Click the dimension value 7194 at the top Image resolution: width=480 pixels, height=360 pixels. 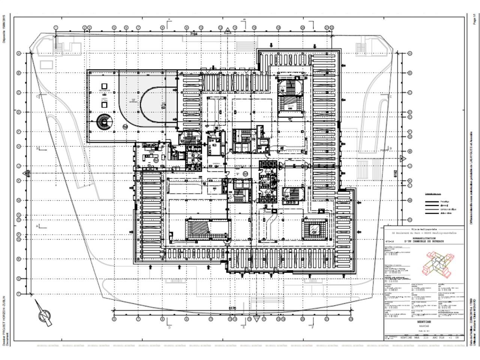(193, 34)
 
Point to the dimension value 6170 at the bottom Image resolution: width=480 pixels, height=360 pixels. (232, 308)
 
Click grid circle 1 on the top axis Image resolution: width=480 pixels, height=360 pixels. (56, 28)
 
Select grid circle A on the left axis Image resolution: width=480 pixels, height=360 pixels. (18, 54)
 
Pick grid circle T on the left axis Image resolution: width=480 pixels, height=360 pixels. (18, 294)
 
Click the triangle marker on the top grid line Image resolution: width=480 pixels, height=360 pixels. (228, 30)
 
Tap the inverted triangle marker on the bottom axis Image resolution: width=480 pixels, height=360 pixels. (256, 319)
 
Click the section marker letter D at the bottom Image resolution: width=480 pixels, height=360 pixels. (169, 327)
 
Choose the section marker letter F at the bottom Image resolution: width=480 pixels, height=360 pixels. (312, 327)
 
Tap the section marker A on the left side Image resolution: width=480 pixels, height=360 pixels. (37, 226)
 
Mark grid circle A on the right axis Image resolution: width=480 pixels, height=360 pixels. (410, 54)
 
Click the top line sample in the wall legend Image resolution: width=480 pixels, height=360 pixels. (432, 201)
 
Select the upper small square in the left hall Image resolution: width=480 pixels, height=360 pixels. (104, 86)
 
